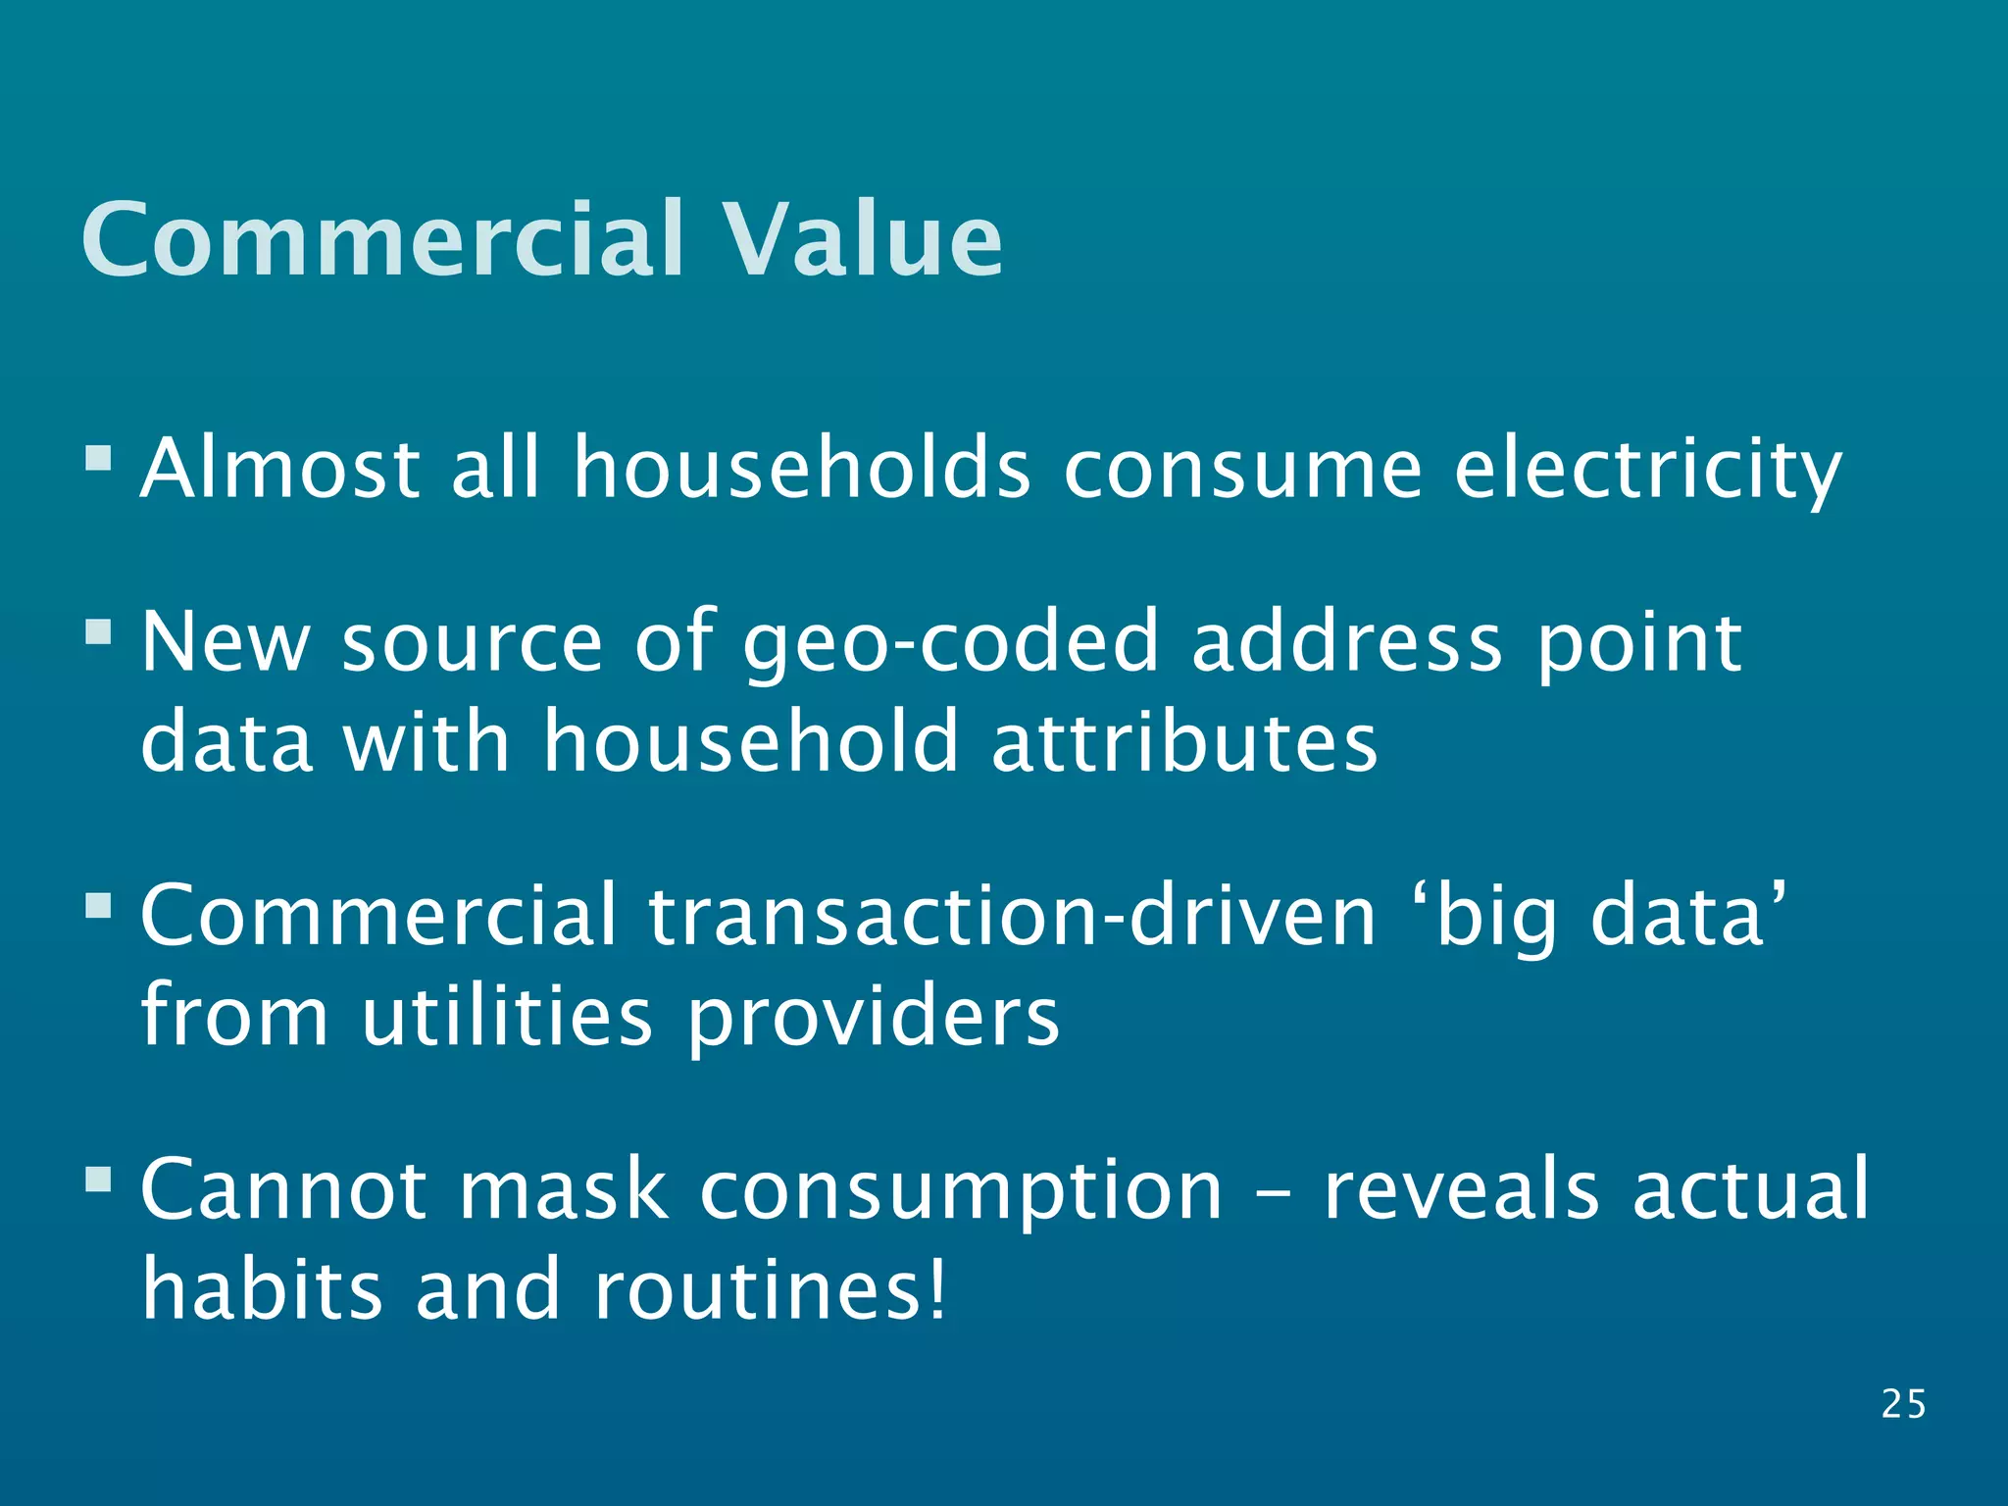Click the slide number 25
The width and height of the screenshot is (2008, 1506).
tap(1903, 1404)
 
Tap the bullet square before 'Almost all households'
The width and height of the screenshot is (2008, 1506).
tap(98, 458)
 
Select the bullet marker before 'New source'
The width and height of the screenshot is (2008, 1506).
tap(98, 631)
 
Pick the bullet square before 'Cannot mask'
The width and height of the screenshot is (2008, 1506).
tap(98, 1178)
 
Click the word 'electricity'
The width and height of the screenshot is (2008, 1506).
tap(1647, 470)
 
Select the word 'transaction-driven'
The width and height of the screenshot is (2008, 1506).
tap(1013, 916)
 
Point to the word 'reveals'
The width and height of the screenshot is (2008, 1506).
tap(1462, 1190)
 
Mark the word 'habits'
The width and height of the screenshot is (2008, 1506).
tap(262, 1288)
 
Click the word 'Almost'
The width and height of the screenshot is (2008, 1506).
tap(280, 468)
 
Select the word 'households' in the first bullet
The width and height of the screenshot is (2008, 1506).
tap(801, 468)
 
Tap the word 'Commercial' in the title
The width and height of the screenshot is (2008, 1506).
tap(382, 239)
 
